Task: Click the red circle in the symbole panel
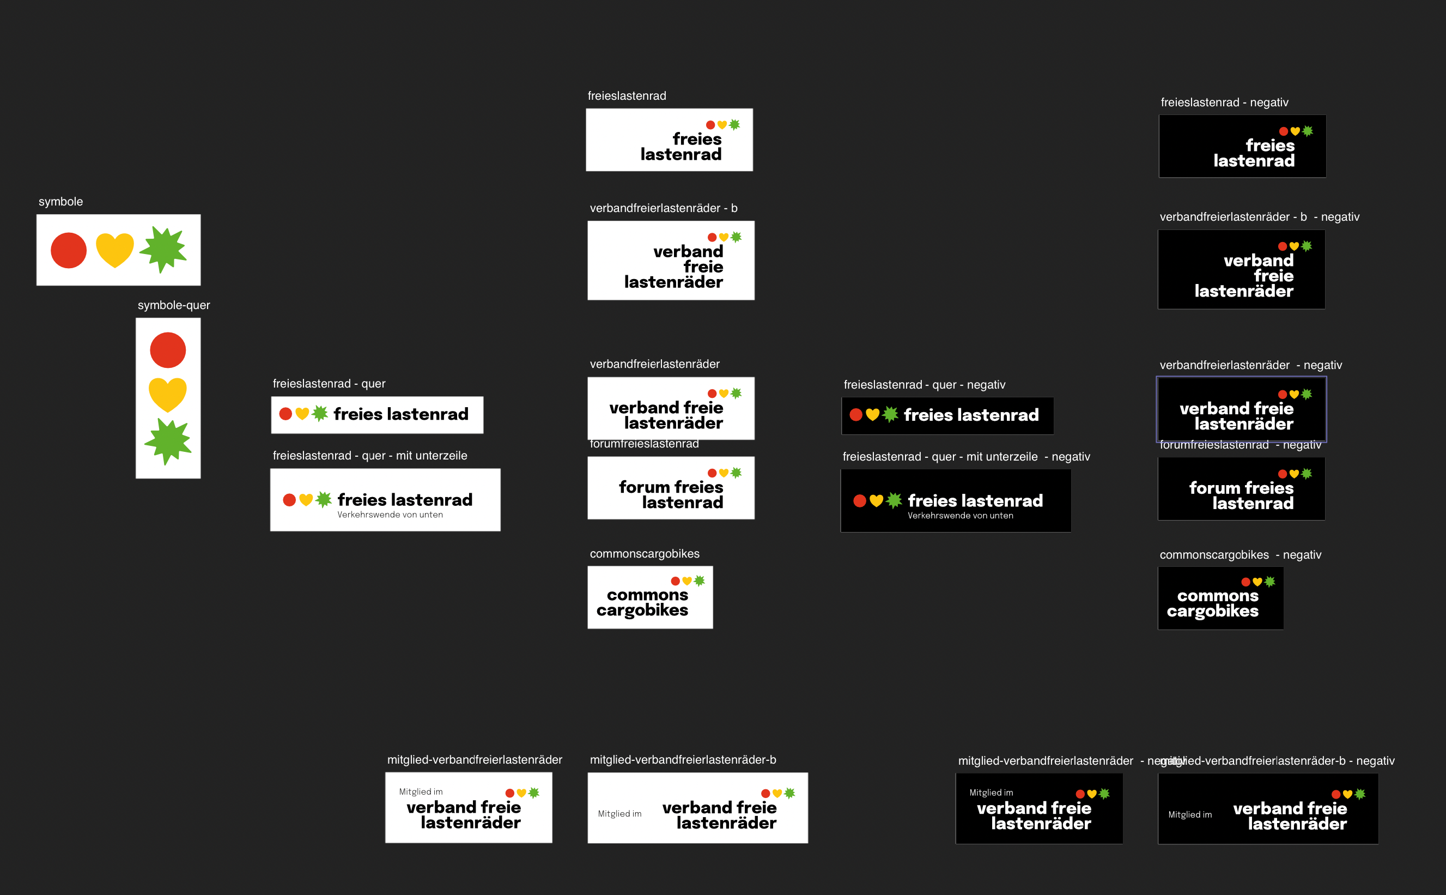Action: click(x=69, y=250)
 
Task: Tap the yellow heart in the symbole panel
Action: click(x=115, y=250)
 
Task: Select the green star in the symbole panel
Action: click(x=163, y=249)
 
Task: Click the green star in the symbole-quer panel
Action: click(x=168, y=442)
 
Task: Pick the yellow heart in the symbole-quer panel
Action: click(x=167, y=394)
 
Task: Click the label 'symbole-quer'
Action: click(x=173, y=305)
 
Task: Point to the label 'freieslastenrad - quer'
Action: click(x=329, y=384)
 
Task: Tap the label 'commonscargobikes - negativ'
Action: click(x=1240, y=555)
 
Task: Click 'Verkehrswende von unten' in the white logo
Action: click(x=390, y=515)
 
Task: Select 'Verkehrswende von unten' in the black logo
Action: click(x=960, y=516)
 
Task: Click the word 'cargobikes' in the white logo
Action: click(x=642, y=610)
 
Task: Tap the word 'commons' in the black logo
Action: click(x=1218, y=595)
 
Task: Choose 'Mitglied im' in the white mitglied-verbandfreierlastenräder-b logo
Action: click(x=619, y=814)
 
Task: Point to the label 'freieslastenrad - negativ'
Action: click(x=1224, y=102)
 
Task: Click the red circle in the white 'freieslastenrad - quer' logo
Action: click(x=286, y=414)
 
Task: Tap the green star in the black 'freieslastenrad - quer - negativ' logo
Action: click(x=890, y=414)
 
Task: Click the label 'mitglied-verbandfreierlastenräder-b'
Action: click(x=683, y=760)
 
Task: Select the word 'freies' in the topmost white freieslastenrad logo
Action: click(x=697, y=139)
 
